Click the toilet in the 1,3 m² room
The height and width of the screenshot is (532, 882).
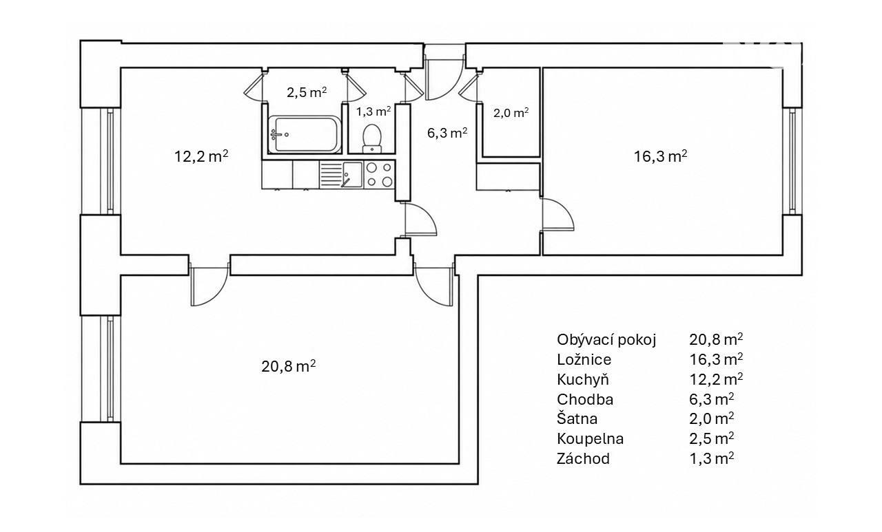click(x=371, y=138)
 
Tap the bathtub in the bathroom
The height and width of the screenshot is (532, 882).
click(x=304, y=134)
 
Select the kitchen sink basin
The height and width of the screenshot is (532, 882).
click(x=352, y=175)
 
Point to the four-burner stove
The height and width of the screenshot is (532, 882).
click(x=379, y=175)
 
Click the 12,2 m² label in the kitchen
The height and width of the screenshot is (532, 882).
click(x=201, y=156)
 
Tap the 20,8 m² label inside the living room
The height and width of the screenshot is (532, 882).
click(x=288, y=366)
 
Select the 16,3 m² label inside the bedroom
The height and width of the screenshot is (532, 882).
click(x=660, y=156)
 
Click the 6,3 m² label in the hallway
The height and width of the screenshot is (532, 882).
click(x=447, y=133)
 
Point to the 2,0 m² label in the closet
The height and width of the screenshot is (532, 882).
click(x=511, y=114)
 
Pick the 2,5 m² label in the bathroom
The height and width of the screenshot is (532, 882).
click(x=307, y=92)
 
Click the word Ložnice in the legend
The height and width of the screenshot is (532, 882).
click(x=584, y=359)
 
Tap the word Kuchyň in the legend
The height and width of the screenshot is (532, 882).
click(x=583, y=379)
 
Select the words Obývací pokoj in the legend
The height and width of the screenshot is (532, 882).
click(x=606, y=340)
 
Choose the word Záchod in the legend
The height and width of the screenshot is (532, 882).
click(x=583, y=458)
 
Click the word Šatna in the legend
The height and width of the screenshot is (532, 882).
click(x=577, y=418)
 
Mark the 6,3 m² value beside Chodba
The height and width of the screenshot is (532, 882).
click(x=712, y=399)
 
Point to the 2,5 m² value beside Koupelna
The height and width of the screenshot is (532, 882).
click(x=712, y=438)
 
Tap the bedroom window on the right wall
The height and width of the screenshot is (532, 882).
click(x=792, y=161)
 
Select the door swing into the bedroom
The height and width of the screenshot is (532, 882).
click(x=558, y=214)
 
